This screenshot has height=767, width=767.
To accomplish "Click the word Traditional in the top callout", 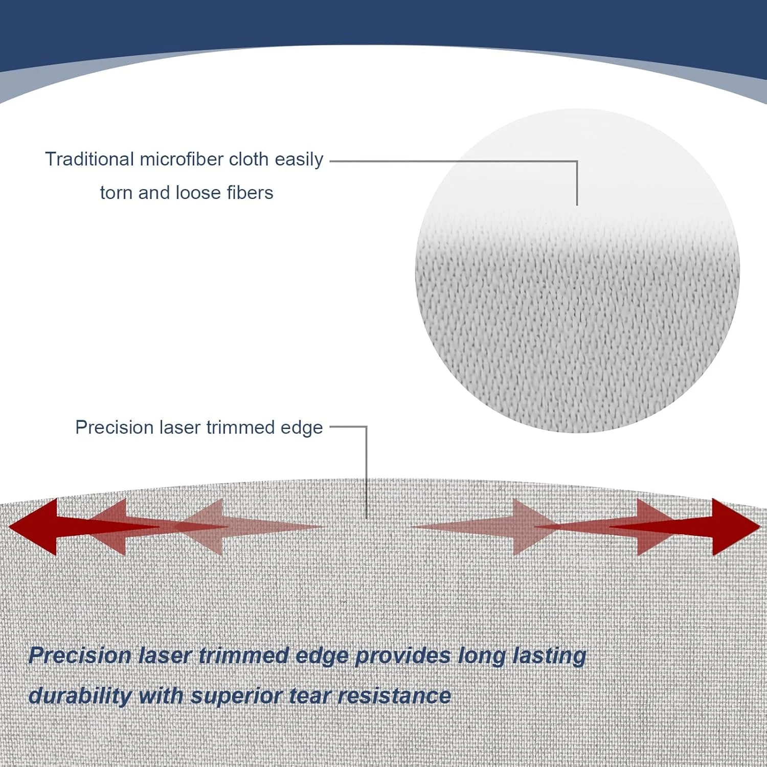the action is coord(89,159).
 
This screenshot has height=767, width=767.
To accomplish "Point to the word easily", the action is coord(299,160).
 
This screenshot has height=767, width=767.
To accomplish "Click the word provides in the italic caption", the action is coord(403,656).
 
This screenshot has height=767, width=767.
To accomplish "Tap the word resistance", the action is coord(394,696).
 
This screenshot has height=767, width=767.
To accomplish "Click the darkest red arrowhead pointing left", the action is coord(33,527).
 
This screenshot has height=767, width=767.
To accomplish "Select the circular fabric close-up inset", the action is coord(577,270).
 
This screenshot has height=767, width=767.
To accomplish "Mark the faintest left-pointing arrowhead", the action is coord(199,527).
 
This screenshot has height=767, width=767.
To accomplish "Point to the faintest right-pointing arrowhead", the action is coord(537,527).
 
